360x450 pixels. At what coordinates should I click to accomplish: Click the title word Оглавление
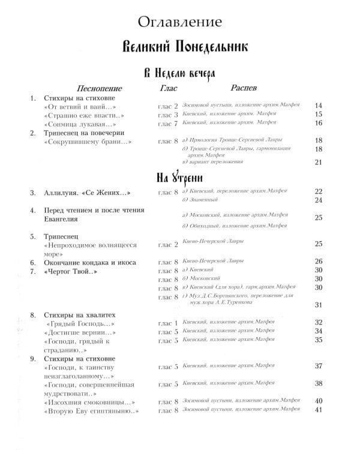pos(179,23)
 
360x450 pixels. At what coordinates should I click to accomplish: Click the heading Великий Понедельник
pos(179,47)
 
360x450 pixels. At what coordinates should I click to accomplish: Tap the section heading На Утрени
pos(179,178)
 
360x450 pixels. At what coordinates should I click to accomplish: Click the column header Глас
pos(169,88)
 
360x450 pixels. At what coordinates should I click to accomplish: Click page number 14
pos(319,106)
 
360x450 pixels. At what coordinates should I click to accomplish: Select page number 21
pos(319,162)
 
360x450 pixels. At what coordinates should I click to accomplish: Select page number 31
pos(319,305)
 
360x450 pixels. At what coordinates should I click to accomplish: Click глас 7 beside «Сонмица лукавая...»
pos(168,124)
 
